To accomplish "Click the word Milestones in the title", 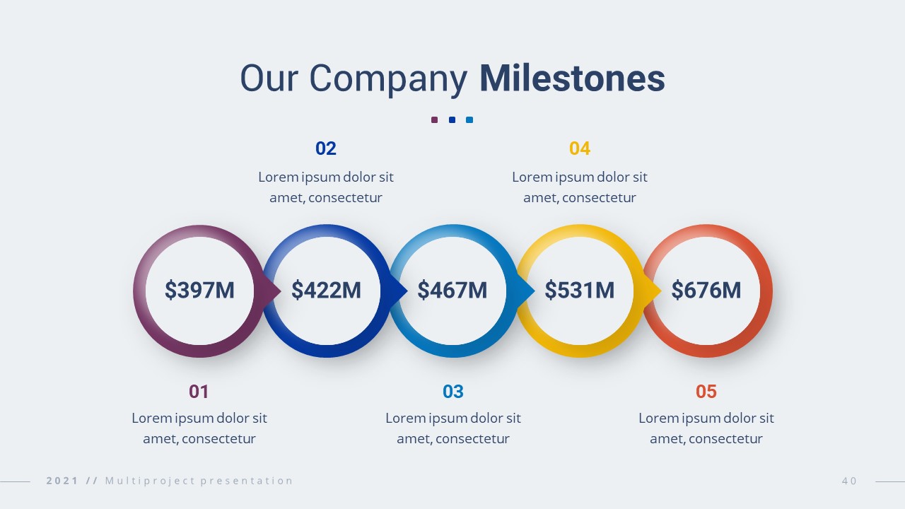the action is click(572, 78).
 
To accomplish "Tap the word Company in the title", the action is click(388, 80).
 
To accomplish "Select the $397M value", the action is click(199, 290).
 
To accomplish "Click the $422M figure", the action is click(326, 290).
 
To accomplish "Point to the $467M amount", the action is click(452, 290).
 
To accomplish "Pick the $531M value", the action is click(579, 290).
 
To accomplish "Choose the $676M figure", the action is click(706, 290).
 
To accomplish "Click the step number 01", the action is click(199, 392).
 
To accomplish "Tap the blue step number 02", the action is click(326, 148).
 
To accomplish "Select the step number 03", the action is click(453, 392).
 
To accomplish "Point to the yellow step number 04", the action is click(580, 148).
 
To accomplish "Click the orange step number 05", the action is click(706, 392).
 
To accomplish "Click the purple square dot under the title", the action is click(435, 119).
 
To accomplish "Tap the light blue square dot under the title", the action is click(469, 119).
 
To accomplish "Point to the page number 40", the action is click(849, 481).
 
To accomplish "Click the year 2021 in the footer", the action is click(62, 481).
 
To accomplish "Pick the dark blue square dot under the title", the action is click(452, 119).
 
